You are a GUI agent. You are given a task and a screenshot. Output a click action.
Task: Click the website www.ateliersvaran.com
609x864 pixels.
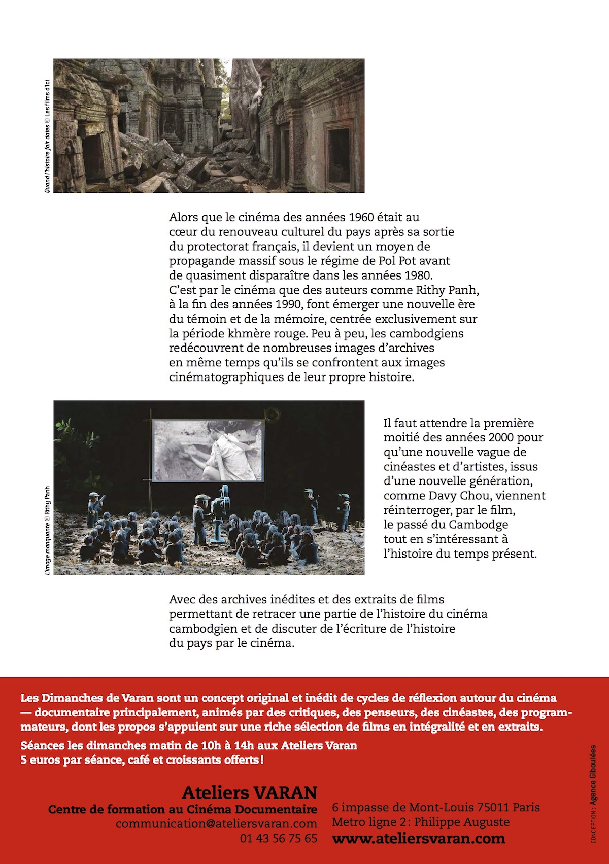click(418, 838)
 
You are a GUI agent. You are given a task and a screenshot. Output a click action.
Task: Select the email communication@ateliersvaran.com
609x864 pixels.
click(216, 823)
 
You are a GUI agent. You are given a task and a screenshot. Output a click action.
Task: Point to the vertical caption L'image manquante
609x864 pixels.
click(47, 546)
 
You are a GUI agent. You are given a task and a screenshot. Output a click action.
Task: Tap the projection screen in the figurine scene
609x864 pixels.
click(209, 450)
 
